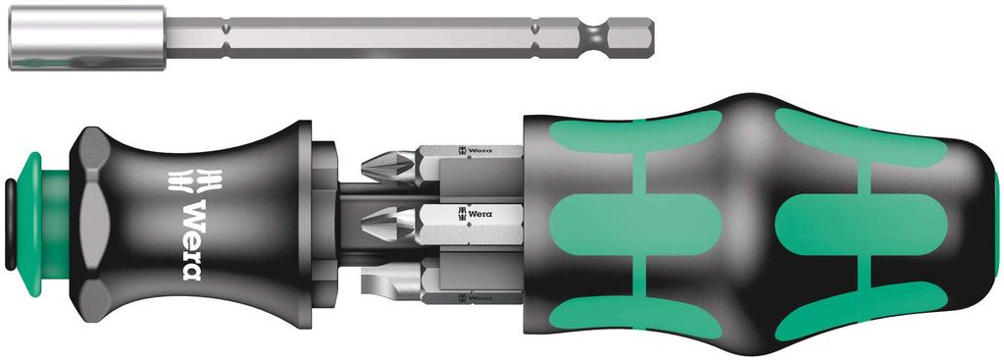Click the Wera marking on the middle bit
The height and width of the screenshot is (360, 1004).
click(x=477, y=212)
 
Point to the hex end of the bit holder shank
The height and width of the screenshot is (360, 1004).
click(x=632, y=38)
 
